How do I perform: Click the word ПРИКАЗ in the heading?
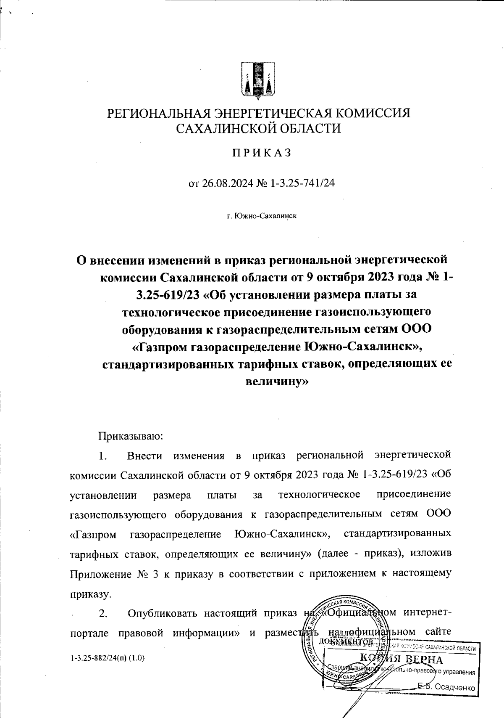click(x=258, y=153)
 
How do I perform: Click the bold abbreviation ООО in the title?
click(x=416, y=329)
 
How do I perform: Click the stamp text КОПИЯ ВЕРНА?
click(x=401, y=659)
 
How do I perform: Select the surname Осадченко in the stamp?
click(x=455, y=687)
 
